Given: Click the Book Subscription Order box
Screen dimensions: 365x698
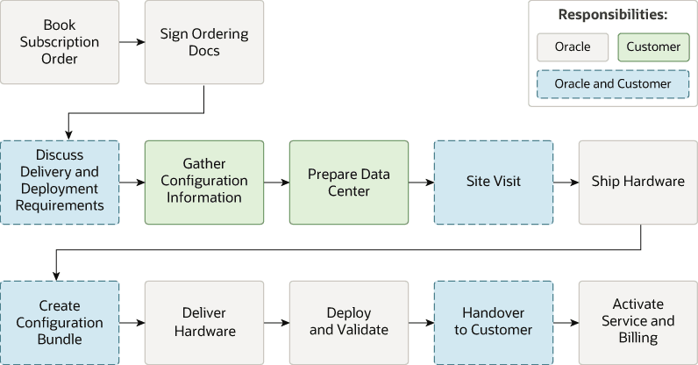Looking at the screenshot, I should pos(60,42).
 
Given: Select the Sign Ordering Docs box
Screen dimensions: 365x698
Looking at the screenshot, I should pos(204,42).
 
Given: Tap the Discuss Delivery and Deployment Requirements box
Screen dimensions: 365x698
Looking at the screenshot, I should pos(60,182).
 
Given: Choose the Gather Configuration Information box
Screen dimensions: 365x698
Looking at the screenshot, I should pos(204,182).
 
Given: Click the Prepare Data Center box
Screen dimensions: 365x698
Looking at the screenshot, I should pos(349,182).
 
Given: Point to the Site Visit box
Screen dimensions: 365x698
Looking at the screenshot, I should pos(494,182).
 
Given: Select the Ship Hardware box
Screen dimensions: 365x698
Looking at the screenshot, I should pos(637,182).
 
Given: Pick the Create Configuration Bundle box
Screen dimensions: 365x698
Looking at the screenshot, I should pos(60,322).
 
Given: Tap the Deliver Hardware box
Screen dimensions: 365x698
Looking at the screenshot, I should pos(204,322).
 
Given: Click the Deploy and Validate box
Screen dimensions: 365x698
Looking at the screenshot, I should pos(349,322).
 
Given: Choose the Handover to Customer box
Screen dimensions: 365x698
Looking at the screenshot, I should pos(494,322).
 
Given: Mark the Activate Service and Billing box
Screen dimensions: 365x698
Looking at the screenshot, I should pos(637,322).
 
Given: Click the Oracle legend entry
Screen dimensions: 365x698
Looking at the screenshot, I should pos(573,47).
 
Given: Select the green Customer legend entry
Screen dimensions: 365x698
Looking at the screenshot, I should pos(653,47).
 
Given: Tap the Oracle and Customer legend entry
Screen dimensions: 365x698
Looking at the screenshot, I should pos(613,84).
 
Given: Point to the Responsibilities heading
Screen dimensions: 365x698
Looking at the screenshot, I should pos(613,15).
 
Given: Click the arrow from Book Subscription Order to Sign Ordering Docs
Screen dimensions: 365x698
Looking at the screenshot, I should pos(132,42).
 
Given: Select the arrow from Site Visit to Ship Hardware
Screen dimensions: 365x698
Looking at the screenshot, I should pos(566,182).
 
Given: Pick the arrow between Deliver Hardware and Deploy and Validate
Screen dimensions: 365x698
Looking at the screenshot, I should pos(276,322).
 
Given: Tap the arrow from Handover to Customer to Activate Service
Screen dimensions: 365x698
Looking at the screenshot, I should pos(566,322).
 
